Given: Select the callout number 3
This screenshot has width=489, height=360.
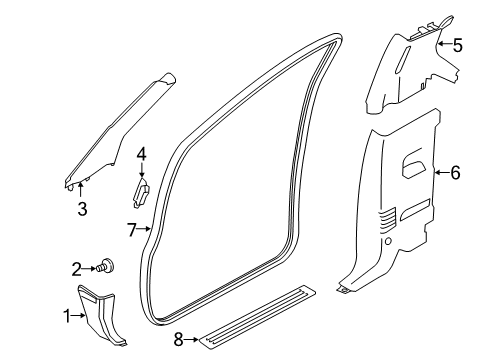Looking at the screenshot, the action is click(x=83, y=208).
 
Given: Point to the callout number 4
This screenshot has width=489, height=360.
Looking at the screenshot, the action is click(x=142, y=153).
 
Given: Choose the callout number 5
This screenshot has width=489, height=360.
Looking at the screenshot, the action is click(x=457, y=44).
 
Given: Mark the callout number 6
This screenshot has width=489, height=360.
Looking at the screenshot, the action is click(x=455, y=173).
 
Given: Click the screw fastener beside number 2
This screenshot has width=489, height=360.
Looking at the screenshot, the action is click(x=106, y=266).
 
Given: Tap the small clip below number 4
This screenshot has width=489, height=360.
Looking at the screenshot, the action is click(x=142, y=190).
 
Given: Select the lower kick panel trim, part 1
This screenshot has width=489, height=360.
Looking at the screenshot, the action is click(x=108, y=319).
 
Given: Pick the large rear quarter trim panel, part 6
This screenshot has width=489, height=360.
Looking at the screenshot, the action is click(x=400, y=210).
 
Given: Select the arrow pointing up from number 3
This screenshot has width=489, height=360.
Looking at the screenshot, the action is click(x=83, y=189).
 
